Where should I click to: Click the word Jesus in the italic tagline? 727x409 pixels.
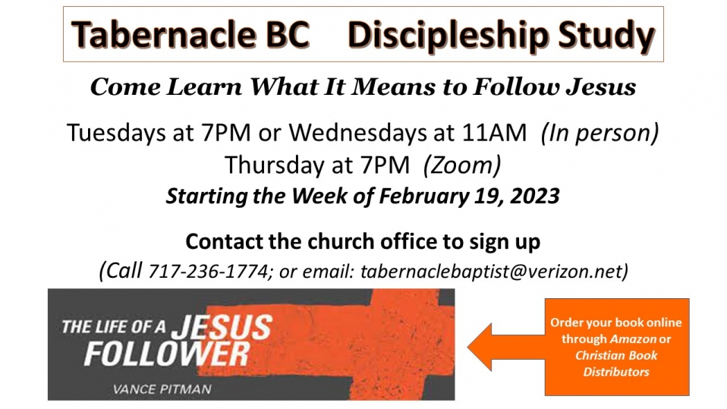point(601,87)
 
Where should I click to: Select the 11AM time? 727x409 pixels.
point(494,133)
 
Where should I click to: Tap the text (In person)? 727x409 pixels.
point(600,133)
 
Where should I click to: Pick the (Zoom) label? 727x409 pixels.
point(462,165)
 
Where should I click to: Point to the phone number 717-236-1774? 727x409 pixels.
point(208,272)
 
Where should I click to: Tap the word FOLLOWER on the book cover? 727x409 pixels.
point(167,355)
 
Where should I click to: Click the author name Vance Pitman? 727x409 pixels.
point(162,389)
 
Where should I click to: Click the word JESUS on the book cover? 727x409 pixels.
point(222,326)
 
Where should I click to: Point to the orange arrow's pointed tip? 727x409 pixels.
point(467,347)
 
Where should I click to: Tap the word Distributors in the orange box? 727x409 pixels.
point(616,372)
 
